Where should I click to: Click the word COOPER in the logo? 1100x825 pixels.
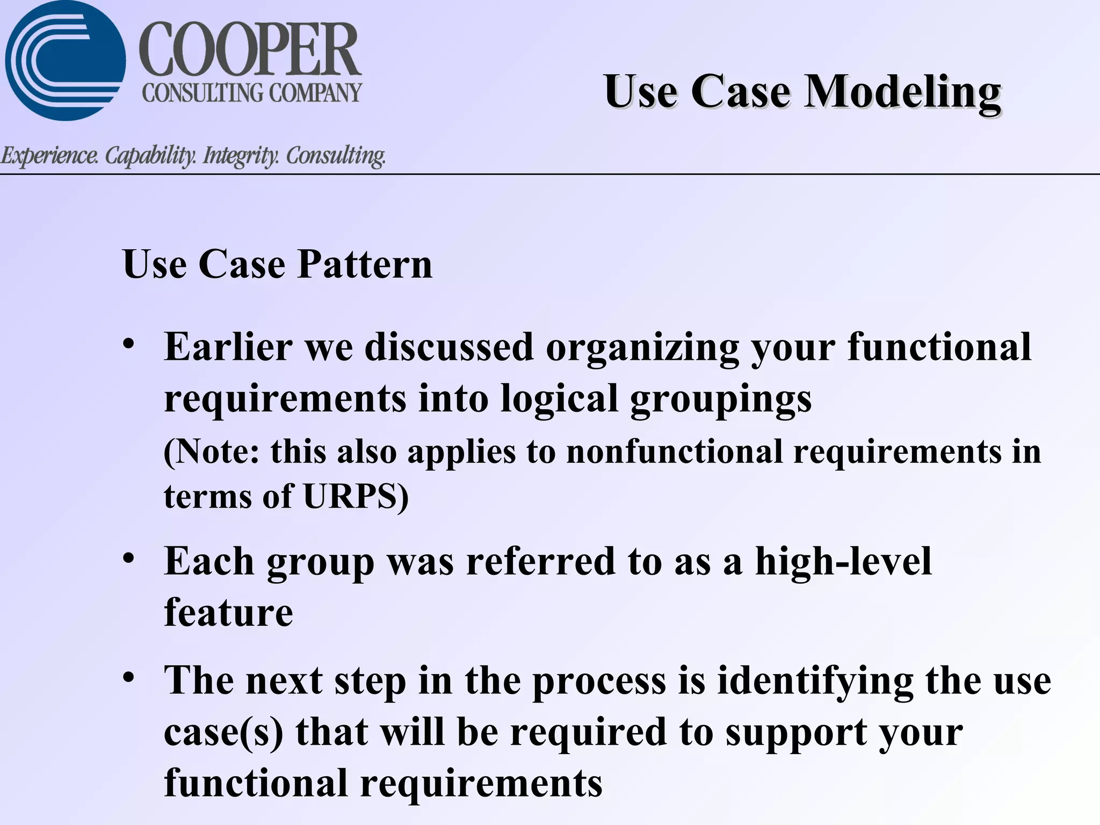point(250,51)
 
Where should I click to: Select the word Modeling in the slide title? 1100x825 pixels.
point(902,92)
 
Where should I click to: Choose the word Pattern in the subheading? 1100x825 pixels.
point(365,264)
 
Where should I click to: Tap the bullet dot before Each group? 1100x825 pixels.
point(128,559)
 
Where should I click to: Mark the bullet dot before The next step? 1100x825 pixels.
point(128,678)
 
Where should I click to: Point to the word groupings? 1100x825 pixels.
point(720,400)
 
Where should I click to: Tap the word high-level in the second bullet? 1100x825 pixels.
point(843,561)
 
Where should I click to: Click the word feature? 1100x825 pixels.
point(228,612)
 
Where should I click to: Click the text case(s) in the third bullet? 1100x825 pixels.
point(223,733)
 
